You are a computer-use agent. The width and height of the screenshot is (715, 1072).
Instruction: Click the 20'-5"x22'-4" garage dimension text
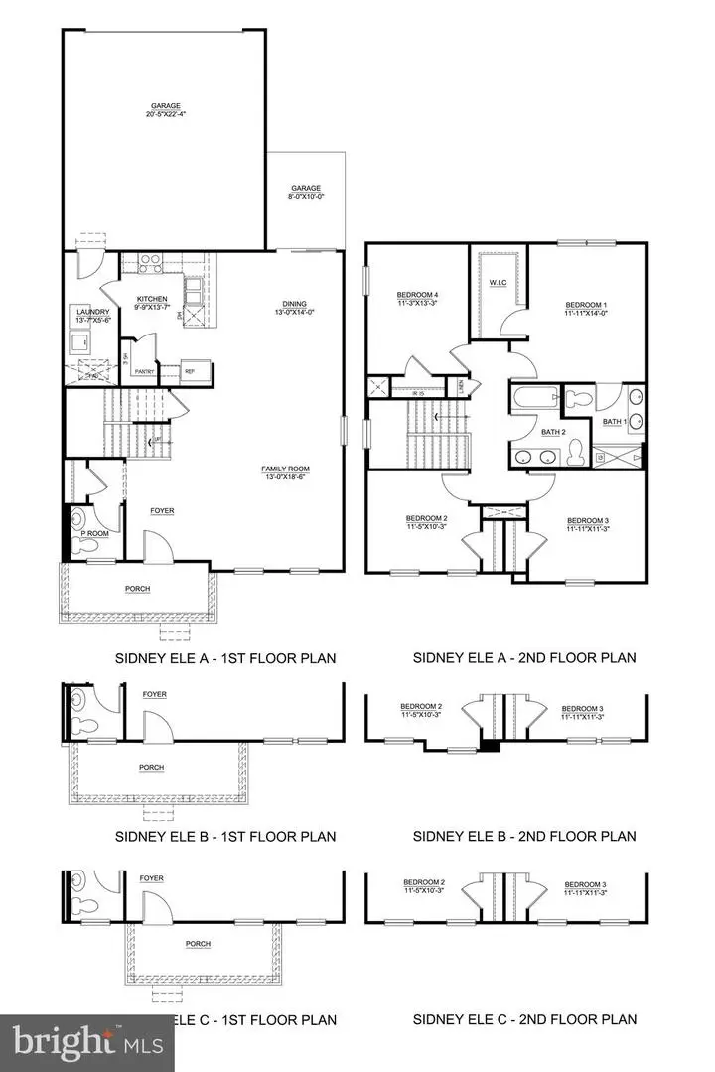(x=165, y=113)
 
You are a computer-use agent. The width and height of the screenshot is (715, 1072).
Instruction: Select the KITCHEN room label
(x=152, y=298)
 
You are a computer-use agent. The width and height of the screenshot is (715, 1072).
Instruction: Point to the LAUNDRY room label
(x=92, y=311)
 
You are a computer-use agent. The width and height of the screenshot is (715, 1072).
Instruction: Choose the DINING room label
(x=294, y=304)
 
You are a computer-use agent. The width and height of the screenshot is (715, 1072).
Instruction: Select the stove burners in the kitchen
(x=150, y=264)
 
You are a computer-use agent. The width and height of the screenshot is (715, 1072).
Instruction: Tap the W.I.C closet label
(x=499, y=283)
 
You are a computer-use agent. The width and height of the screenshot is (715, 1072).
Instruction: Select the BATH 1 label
(x=615, y=422)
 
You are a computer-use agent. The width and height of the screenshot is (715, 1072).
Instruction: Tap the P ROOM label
(x=94, y=533)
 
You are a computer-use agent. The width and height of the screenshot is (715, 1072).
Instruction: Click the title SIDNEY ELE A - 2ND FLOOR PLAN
(x=524, y=657)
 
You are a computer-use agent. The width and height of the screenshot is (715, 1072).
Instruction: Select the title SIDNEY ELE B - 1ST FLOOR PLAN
(x=222, y=836)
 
